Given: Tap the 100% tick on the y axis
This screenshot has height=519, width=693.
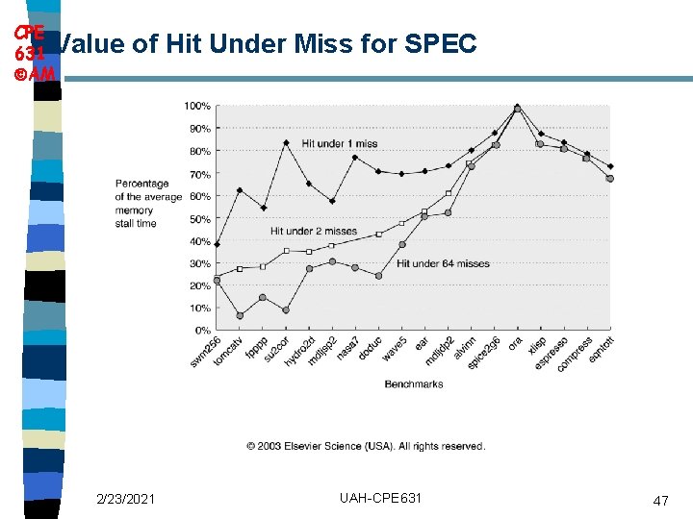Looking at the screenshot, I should (x=198, y=106).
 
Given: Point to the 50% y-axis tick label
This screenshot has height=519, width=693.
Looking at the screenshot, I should (x=200, y=218).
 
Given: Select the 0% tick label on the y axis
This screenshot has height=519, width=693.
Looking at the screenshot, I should (x=202, y=330).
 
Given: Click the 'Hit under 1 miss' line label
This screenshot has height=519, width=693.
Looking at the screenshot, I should (x=340, y=143).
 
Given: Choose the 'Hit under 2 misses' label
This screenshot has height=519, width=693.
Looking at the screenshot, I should (x=314, y=231).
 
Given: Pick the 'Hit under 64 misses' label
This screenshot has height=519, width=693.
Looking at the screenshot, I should (x=443, y=263).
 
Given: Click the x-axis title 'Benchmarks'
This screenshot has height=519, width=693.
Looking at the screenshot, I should (x=414, y=384).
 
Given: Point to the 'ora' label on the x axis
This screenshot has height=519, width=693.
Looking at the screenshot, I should (x=515, y=342).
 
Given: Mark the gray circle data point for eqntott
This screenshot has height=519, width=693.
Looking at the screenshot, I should (x=610, y=179).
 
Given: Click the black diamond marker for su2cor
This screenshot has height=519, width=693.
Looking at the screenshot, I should (x=286, y=142).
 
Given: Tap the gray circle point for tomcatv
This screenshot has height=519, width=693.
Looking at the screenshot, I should (x=240, y=315).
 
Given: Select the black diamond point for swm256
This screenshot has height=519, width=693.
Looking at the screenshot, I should (x=217, y=244).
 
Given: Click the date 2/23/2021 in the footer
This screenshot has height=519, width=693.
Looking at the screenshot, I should (x=125, y=498).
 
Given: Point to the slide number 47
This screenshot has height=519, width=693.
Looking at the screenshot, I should (x=660, y=501).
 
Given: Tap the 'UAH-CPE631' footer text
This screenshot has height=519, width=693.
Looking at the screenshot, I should (x=380, y=497).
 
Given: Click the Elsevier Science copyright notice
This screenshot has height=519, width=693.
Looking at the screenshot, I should (x=366, y=446).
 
